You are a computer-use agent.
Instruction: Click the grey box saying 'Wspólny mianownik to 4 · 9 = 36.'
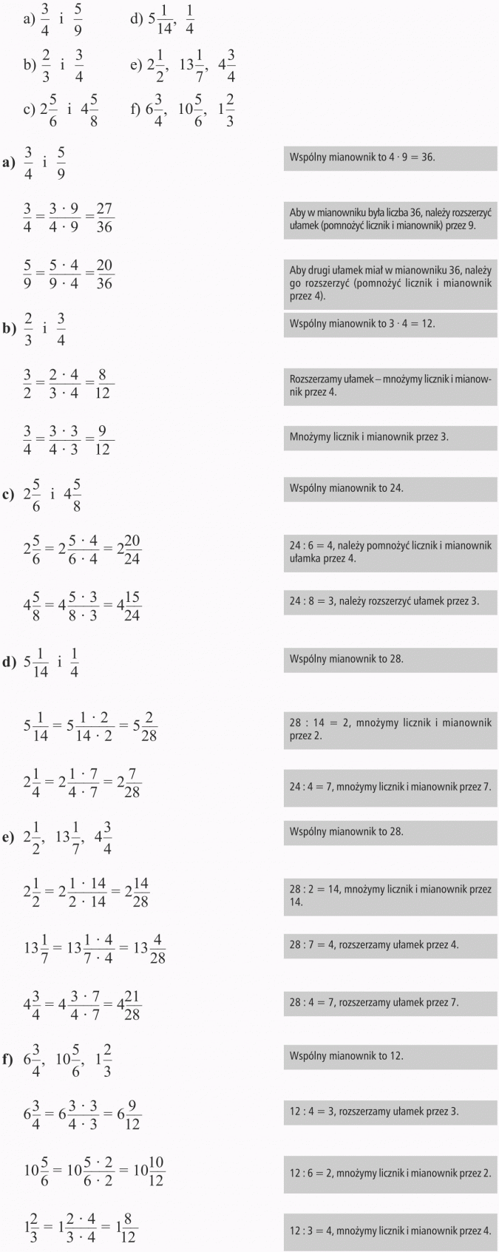[390, 158]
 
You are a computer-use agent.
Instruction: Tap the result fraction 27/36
[104, 218]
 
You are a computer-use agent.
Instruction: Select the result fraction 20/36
[104, 274]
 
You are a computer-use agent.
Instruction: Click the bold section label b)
[9, 328]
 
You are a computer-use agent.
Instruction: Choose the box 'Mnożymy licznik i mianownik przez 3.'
[390, 437]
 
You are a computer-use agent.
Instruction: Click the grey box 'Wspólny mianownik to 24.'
[390, 489]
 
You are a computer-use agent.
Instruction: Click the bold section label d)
[9, 662]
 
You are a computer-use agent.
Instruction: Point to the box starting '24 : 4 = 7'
[390, 787]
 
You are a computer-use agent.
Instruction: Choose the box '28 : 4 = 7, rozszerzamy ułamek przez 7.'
[390, 1003]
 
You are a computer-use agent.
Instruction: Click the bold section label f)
[8, 1060]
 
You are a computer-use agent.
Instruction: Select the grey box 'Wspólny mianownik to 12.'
[390, 1056]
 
